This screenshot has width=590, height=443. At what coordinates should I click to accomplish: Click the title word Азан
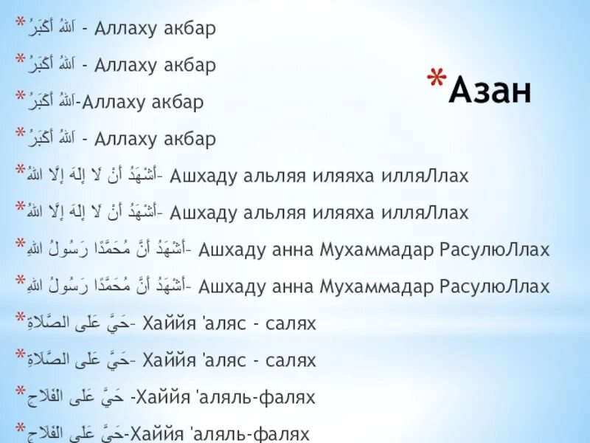(x=490, y=91)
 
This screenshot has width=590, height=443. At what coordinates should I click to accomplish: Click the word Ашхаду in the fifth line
(x=200, y=176)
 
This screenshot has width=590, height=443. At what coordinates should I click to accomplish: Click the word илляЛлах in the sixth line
(x=424, y=213)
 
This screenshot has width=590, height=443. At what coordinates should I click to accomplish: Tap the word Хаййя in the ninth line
(x=167, y=323)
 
